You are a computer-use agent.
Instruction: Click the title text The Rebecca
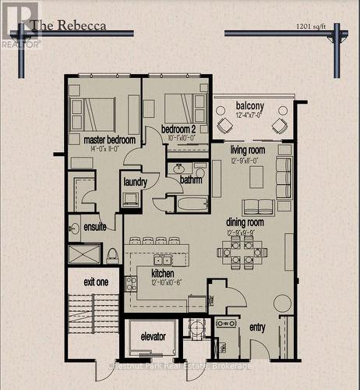69,25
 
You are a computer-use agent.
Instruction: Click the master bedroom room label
109,140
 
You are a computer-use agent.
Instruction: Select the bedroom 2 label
178,129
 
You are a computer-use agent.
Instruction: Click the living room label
247,150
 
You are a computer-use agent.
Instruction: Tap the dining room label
245,222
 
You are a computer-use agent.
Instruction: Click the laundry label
135,182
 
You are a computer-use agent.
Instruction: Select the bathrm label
191,180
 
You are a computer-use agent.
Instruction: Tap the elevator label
154,336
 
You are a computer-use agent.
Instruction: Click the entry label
257,328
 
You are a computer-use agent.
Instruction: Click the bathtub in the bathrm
192,204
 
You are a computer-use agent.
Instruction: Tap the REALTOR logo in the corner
20,24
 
